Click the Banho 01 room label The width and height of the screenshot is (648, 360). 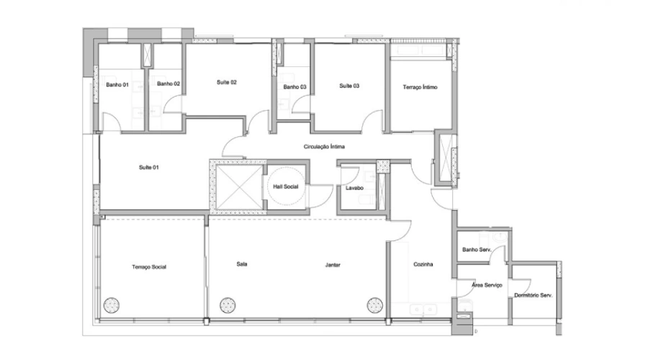pyautogui.click(x=117, y=85)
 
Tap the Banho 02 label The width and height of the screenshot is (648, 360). pyautogui.click(x=168, y=84)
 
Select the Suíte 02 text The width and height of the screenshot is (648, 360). pyautogui.click(x=227, y=82)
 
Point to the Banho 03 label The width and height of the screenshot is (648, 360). pyautogui.click(x=294, y=87)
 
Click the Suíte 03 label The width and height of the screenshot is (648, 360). pyautogui.click(x=349, y=86)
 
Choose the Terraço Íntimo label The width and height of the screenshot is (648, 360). pyautogui.click(x=420, y=87)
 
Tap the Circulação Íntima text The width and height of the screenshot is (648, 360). pyautogui.click(x=324, y=147)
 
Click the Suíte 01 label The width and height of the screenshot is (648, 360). pyautogui.click(x=149, y=167)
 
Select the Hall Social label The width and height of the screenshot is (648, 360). pyautogui.click(x=286, y=186)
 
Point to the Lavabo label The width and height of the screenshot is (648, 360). pyautogui.click(x=354, y=188)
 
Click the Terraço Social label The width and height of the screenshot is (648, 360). pyautogui.click(x=149, y=267)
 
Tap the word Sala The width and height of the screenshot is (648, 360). pyautogui.click(x=242, y=264)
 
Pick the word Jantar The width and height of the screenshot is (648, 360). pyautogui.click(x=333, y=265)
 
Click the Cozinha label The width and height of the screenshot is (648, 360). pyautogui.click(x=423, y=264)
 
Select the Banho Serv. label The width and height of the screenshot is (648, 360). pyautogui.click(x=477, y=250)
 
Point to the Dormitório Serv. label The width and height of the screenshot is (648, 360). pyautogui.click(x=533, y=295)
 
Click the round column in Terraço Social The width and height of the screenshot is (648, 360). pyautogui.click(x=111, y=305)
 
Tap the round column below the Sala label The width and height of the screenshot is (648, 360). pyautogui.click(x=228, y=305)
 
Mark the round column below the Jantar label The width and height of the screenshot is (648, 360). pyautogui.click(x=375, y=305)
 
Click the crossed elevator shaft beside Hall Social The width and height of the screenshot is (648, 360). pyautogui.click(x=239, y=187)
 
